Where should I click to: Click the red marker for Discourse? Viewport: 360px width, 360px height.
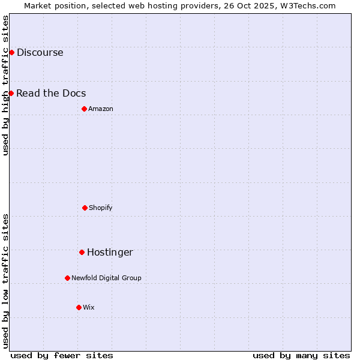click(x=11, y=52)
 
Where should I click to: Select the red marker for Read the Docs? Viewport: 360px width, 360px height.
click(x=11, y=93)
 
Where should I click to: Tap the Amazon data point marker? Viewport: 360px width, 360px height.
click(x=84, y=109)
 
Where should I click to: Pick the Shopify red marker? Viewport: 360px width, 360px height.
click(x=85, y=208)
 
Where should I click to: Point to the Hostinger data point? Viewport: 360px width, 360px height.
click(x=82, y=252)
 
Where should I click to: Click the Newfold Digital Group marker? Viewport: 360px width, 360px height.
click(x=67, y=278)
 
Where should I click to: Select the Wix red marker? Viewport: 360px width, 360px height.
click(x=79, y=307)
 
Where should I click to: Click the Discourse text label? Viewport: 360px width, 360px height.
click(x=40, y=52)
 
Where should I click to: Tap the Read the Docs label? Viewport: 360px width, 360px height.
click(x=51, y=93)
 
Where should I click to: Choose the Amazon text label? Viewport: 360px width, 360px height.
click(x=101, y=109)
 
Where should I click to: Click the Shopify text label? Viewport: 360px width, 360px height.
click(x=101, y=208)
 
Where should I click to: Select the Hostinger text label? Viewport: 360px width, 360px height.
click(x=110, y=252)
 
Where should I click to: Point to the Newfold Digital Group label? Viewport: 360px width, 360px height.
click(x=106, y=278)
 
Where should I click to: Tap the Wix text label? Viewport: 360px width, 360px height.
click(x=89, y=307)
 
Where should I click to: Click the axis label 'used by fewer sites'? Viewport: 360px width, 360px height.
click(x=62, y=355)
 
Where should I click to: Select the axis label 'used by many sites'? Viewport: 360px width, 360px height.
click(x=301, y=355)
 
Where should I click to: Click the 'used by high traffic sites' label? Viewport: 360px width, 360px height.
click(x=5, y=85)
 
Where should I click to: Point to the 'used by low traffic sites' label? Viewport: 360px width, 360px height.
click(x=5, y=281)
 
